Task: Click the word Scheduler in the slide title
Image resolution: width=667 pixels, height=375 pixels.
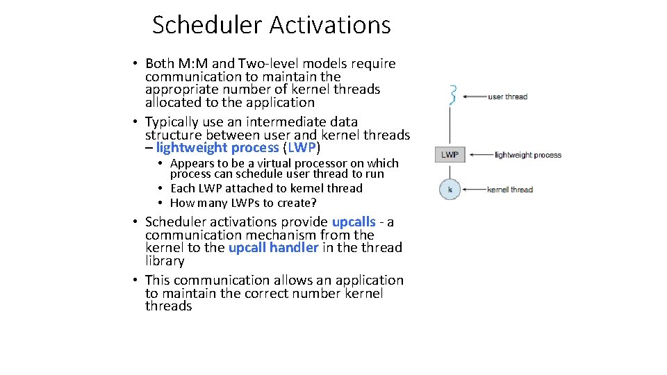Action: click(x=208, y=25)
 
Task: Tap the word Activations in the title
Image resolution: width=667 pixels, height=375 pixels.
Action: click(x=330, y=25)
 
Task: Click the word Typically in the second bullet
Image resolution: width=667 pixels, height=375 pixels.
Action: click(x=173, y=122)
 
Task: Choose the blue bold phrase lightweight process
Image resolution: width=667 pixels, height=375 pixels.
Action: click(x=217, y=147)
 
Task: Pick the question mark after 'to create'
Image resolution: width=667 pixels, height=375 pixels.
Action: click(x=314, y=203)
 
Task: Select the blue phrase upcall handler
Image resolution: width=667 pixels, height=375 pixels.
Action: click(x=273, y=247)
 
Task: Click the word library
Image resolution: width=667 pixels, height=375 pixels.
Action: click(x=165, y=261)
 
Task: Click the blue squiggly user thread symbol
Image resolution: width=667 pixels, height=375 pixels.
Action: click(x=452, y=95)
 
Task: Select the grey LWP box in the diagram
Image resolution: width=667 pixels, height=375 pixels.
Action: click(x=450, y=155)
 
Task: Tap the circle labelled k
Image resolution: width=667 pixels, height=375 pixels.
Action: click(x=450, y=189)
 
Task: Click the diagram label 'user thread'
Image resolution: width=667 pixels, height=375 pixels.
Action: click(x=507, y=97)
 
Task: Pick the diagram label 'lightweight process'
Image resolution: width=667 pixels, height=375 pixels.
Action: click(x=527, y=155)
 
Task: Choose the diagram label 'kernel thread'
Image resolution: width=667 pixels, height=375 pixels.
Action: click(x=510, y=189)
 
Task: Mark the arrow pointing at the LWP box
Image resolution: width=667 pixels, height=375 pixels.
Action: click(x=479, y=155)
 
